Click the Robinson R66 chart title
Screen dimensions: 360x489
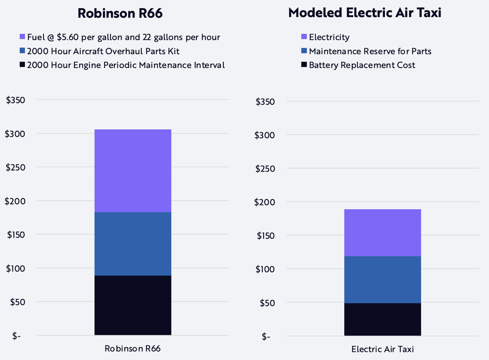coord(120,13)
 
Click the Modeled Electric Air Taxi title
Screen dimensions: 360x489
coord(365,13)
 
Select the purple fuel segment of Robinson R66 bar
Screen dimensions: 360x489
coord(133,170)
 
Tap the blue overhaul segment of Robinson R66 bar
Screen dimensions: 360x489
coord(133,244)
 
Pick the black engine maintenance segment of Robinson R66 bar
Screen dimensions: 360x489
coord(133,305)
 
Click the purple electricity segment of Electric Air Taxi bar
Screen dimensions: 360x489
coord(382,232)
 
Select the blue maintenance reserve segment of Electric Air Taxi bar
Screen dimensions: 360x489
coord(382,279)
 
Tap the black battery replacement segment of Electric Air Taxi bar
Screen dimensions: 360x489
coord(382,319)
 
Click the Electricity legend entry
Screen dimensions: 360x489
coord(329,37)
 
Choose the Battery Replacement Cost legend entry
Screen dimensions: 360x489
coord(362,65)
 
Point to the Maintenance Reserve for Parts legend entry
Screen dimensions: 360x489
coord(370,51)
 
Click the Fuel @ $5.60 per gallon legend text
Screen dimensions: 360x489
coord(123,37)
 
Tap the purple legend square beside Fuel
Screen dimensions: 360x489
coord(22,37)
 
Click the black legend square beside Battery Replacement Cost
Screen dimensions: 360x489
coord(304,65)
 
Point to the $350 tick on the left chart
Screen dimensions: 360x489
coord(15,100)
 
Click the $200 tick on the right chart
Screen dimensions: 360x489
coord(265,202)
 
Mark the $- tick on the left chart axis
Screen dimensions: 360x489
coord(17,336)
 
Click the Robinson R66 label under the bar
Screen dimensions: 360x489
coord(133,349)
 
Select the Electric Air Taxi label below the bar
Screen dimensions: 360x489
coord(382,349)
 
